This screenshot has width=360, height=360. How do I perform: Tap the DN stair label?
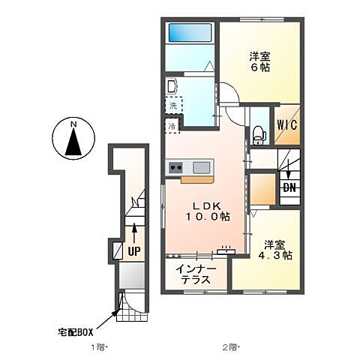coord(288,187)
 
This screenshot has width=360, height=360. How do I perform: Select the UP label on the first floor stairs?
coord(133,249)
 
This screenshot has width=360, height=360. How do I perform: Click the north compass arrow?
coord(73,142)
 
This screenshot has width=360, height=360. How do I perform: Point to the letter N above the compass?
coord(73,123)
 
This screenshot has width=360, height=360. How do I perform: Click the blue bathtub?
coord(190,32)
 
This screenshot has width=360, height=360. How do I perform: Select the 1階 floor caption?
coord(99,348)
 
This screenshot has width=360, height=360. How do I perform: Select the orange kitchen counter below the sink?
coord(197,180)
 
